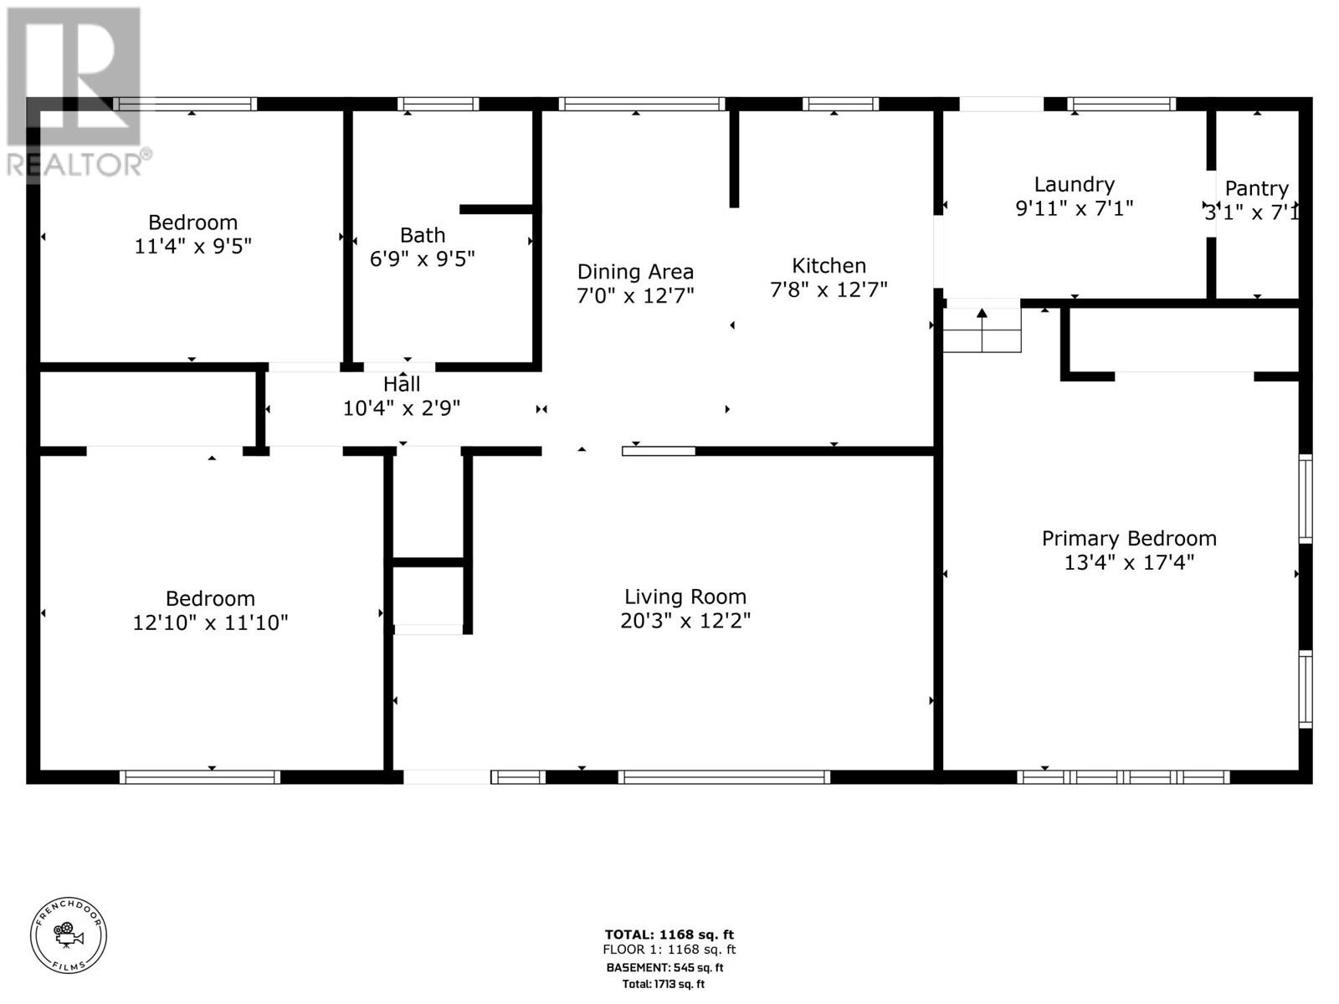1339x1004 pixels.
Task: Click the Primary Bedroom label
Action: (1128, 538)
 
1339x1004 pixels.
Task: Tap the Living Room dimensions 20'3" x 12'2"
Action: (685, 621)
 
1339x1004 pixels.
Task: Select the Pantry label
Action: (1256, 189)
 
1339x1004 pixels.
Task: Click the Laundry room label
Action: (1074, 184)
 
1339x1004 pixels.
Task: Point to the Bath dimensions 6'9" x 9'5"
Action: (422, 259)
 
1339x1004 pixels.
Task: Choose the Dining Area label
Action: (635, 272)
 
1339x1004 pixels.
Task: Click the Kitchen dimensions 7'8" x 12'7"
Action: (828, 289)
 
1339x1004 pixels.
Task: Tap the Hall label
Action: (402, 384)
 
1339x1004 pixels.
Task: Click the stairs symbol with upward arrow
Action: (982, 330)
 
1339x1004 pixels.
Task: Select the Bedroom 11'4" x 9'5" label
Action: (192, 223)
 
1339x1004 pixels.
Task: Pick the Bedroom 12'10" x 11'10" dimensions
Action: (210, 622)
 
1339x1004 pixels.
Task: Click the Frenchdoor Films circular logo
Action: (69, 935)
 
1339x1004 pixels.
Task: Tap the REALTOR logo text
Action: (77, 164)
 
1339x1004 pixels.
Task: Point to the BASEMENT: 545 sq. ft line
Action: (664, 967)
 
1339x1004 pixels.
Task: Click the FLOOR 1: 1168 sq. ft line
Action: (669, 950)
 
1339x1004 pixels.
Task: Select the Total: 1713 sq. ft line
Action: (663, 984)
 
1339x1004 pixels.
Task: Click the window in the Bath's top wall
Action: (438, 105)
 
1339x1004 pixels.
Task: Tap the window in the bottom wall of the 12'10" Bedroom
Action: (199, 777)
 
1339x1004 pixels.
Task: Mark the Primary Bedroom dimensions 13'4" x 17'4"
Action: (1128, 562)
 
